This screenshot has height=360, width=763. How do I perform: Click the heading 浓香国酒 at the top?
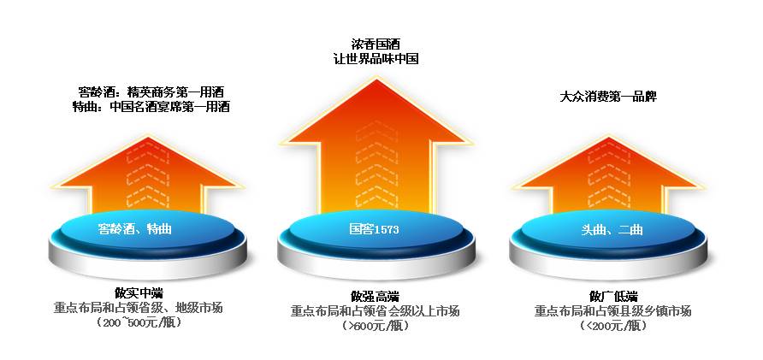pyautogui.click(x=376, y=43)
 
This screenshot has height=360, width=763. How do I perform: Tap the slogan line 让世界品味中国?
pyautogui.click(x=376, y=58)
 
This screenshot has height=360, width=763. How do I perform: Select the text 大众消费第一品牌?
pyautogui.click(x=607, y=97)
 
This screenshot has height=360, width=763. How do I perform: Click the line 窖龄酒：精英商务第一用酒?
pyautogui.click(x=151, y=91)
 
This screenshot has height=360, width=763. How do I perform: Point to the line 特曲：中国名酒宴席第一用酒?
pyautogui.click(x=151, y=107)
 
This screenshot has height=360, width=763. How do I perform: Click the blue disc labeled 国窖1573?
pyautogui.click(x=374, y=229)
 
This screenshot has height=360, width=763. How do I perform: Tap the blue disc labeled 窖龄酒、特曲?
pyautogui.click(x=141, y=229)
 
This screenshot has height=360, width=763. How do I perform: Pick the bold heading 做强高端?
pyautogui.click(x=375, y=296)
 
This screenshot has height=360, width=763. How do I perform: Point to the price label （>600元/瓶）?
pyautogui.click(x=375, y=326)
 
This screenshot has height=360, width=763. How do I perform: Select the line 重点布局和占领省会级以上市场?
pyautogui.click(x=375, y=311)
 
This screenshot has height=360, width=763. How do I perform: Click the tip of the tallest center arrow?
pyautogui.click(x=376, y=83)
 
